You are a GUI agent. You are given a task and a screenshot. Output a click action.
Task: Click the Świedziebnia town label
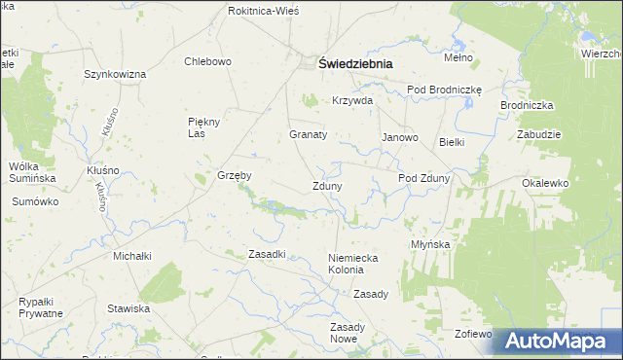355,63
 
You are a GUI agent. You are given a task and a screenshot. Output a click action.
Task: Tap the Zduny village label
326,186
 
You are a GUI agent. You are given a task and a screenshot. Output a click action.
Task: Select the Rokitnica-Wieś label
263,10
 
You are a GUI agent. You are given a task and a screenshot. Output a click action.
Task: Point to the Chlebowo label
207,61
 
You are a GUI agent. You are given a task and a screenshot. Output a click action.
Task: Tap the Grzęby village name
235,176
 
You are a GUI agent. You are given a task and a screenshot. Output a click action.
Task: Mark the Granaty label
308,134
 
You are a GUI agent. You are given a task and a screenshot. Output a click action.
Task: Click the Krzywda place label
351,101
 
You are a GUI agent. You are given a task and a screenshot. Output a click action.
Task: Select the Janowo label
399,137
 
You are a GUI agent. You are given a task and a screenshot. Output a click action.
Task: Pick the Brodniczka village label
527,104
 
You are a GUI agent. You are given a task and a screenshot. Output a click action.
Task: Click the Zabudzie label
539,135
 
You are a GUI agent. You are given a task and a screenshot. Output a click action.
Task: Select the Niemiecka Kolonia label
351,263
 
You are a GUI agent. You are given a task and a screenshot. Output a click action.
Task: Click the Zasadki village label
266,254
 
